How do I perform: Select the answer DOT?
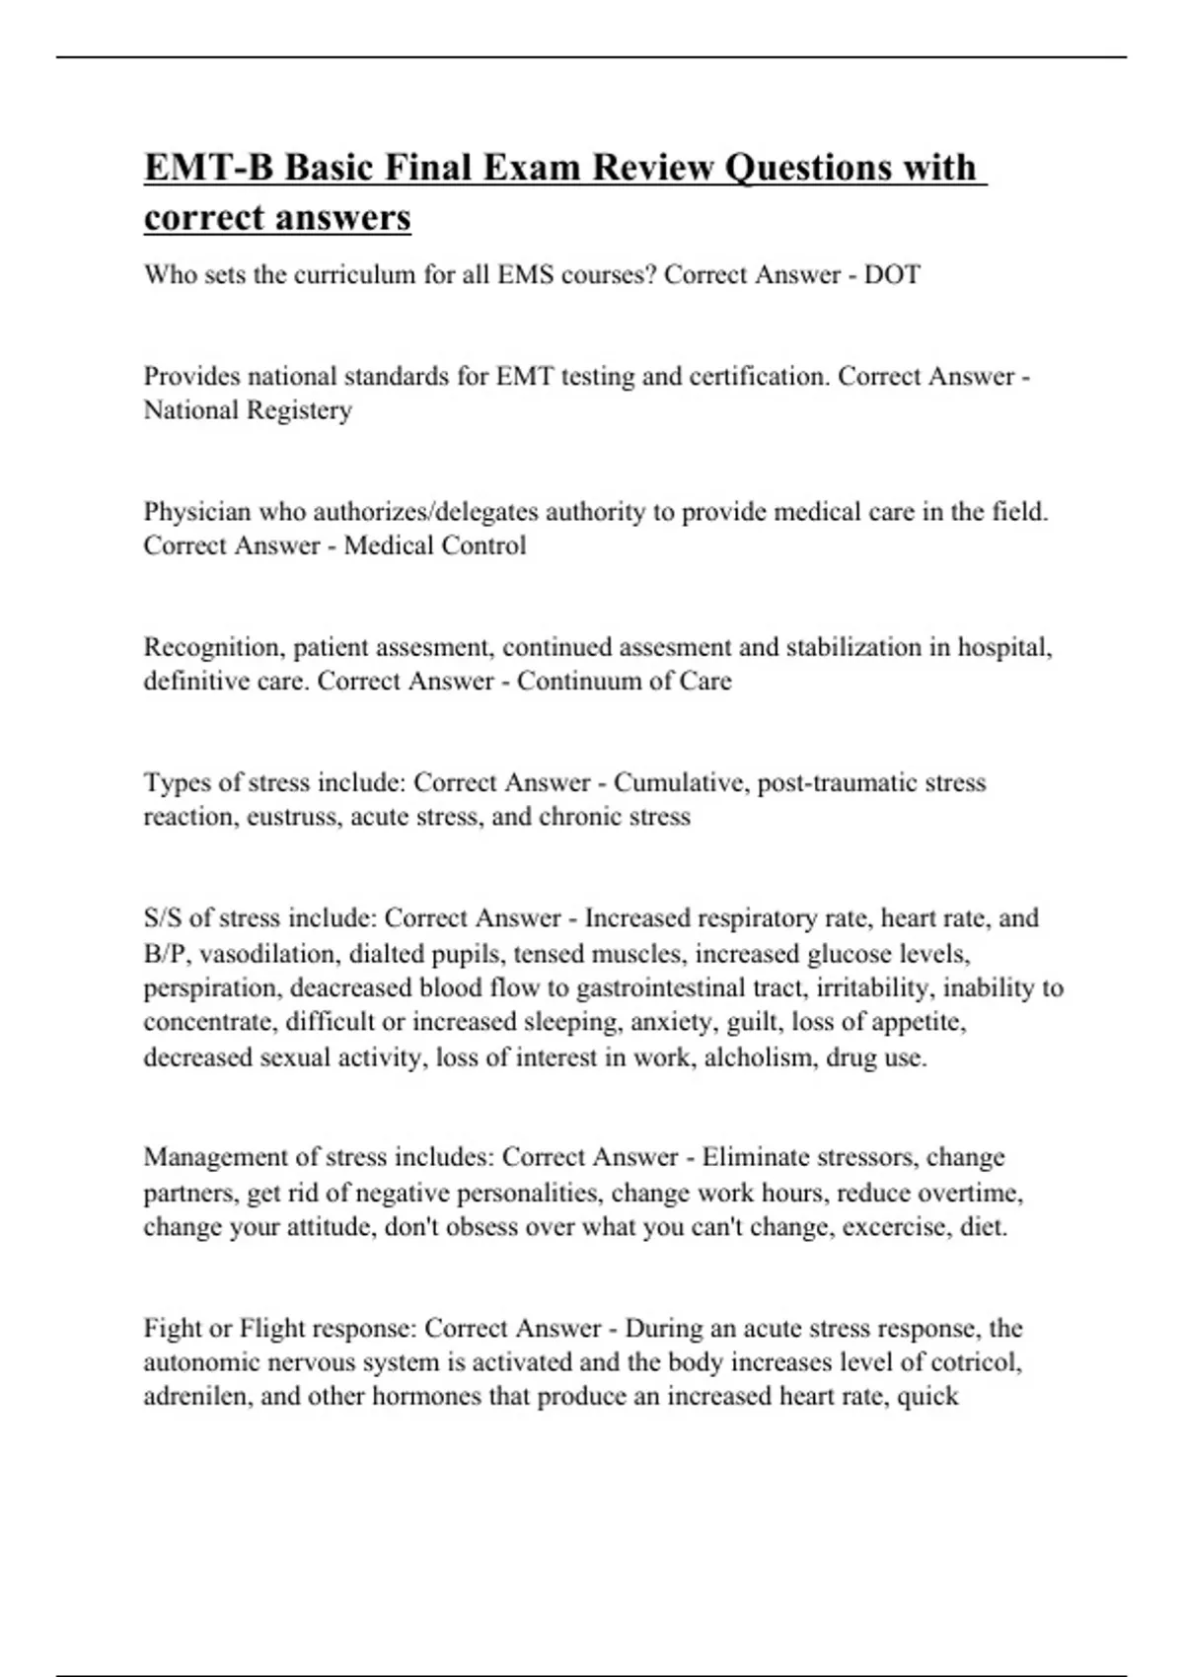coord(892,274)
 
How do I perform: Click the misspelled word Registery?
coord(297,409)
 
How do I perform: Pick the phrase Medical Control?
coord(434,546)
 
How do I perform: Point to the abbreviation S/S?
coord(162,918)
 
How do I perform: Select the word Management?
coord(212,1156)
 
